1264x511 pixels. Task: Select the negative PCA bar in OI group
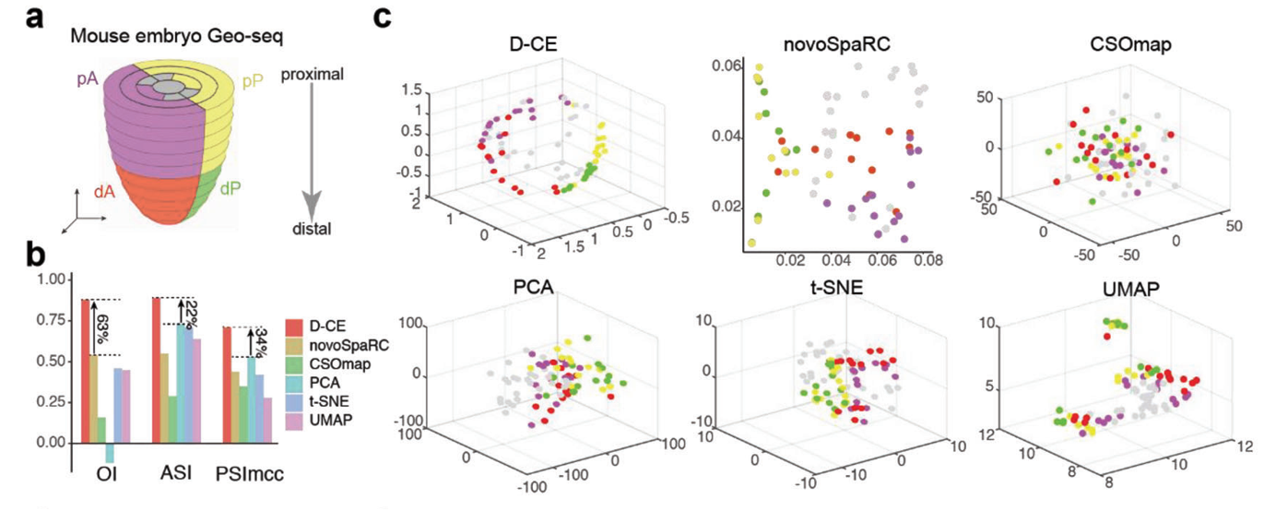pyautogui.click(x=110, y=453)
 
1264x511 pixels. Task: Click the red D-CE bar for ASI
pyautogui.click(x=157, y=370)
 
